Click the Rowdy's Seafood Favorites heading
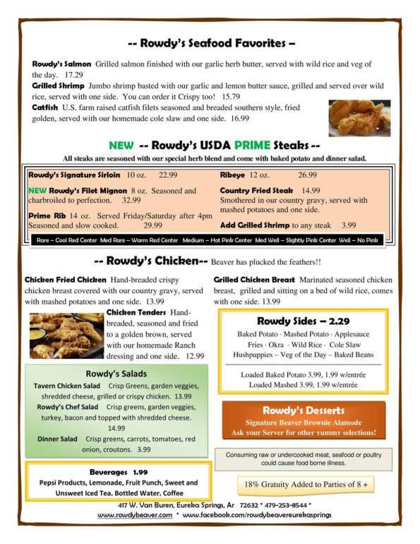(210, 42)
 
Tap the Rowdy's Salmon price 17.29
(73, 73)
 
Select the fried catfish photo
(359, 117)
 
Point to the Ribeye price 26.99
(307, 175)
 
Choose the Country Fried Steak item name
(256, 191)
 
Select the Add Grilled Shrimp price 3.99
(349, 225)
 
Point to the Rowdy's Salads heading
(116, 373)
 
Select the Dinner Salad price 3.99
(144, 449)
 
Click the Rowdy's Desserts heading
(303, 410)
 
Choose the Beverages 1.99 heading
(119, 471)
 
